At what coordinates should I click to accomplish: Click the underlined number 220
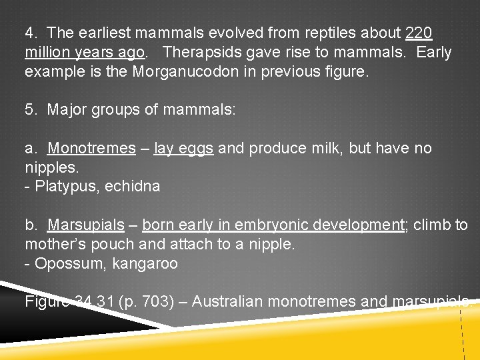tap(419, 33)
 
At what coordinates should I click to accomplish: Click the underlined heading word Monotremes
tap(91, 148)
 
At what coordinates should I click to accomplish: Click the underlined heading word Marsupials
tap(86, 225)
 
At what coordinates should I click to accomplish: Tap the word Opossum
tap(65, 263)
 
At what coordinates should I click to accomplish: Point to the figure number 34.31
tap(95, 301)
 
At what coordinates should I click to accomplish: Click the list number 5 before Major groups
tap(31, 110)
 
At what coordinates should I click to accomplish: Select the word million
tap(49, 52)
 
